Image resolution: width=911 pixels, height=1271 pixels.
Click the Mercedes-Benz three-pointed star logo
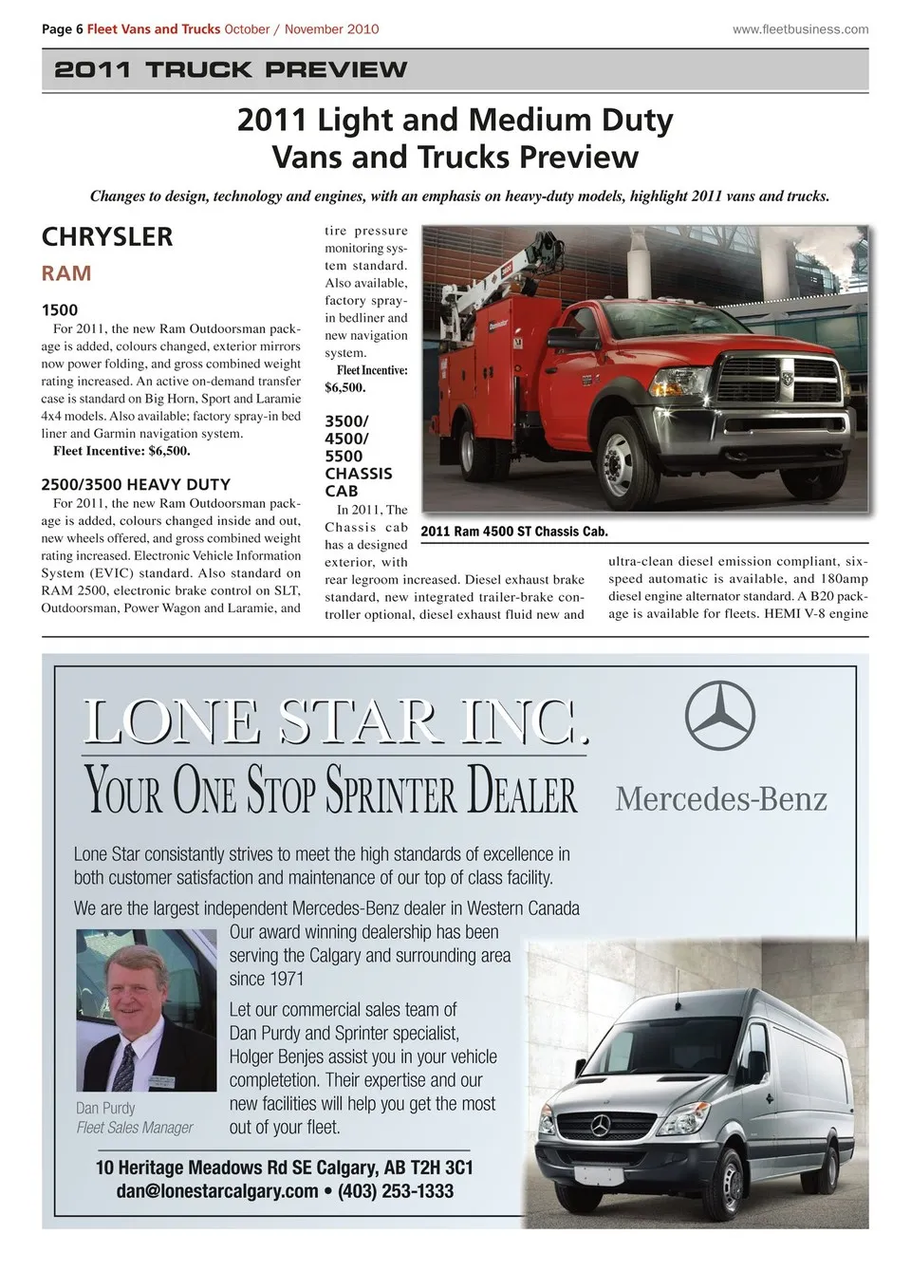click(719, 717)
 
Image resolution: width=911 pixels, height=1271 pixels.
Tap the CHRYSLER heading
click(107, 236)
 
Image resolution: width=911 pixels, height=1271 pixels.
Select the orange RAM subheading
click(66, 273)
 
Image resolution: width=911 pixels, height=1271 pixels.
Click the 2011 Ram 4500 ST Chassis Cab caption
click(514, 532)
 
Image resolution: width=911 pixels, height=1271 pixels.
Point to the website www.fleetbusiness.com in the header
click(800, 29)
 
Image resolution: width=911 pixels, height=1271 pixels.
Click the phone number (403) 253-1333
click(396, 1191)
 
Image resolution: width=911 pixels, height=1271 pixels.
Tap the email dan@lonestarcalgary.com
click(217, 1191)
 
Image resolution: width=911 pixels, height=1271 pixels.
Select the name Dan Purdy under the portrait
click(105, 1108)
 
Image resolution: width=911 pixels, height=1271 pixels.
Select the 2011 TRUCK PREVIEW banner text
click(231, 69)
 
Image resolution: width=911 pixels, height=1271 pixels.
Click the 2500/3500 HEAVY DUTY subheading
click(136, 484)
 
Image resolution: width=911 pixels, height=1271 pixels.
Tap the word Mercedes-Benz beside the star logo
click(721, 798)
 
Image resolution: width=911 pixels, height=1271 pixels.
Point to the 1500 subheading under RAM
click(60, 309)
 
